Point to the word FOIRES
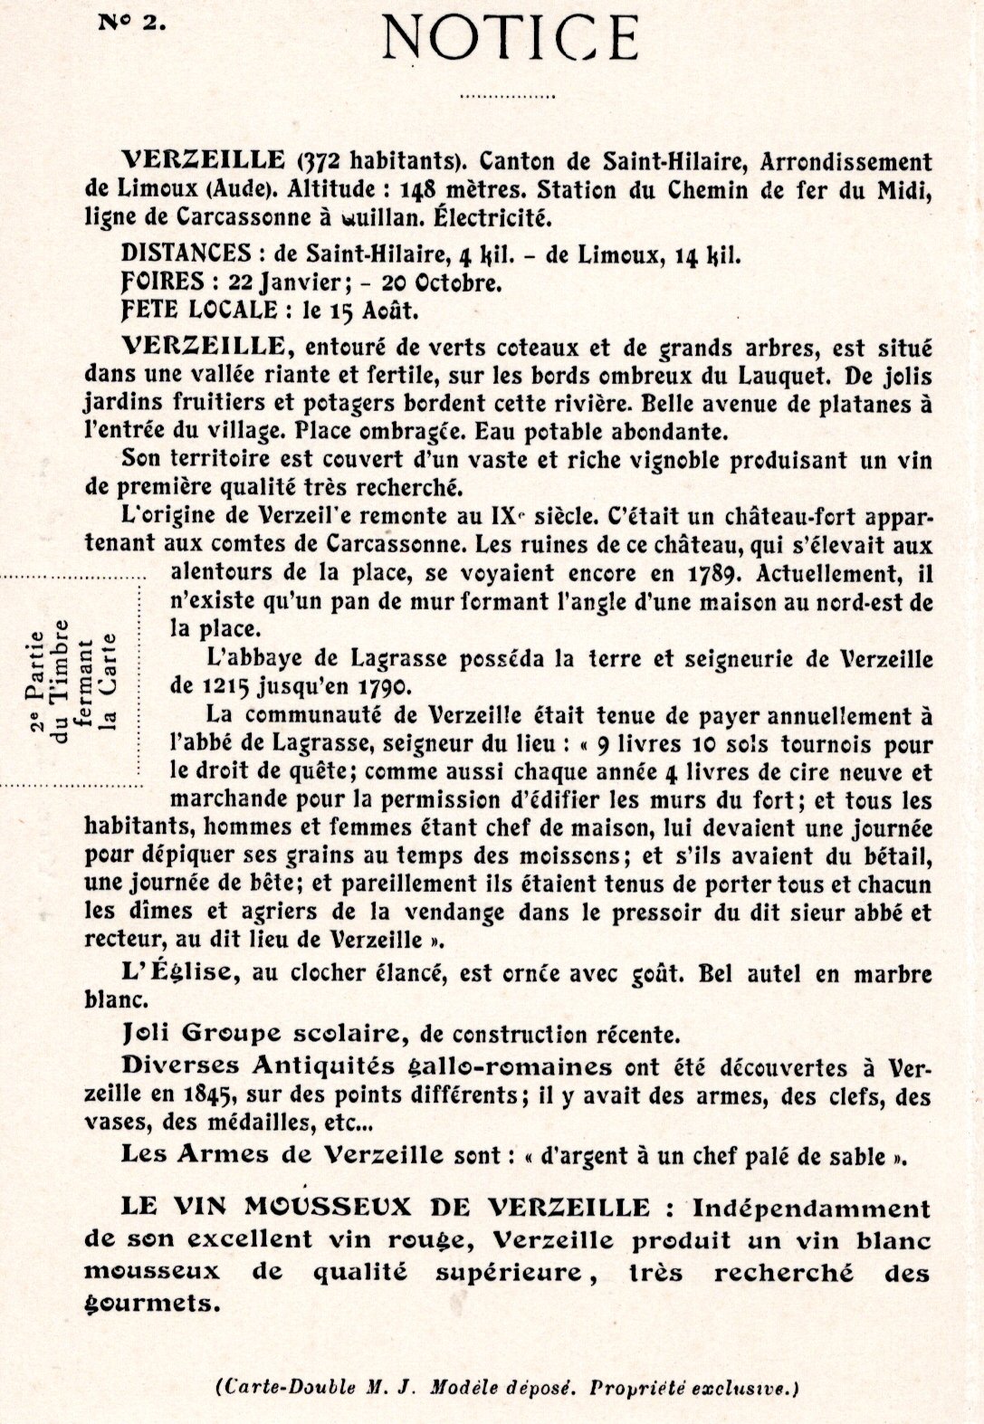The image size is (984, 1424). [x=159, y=282]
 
